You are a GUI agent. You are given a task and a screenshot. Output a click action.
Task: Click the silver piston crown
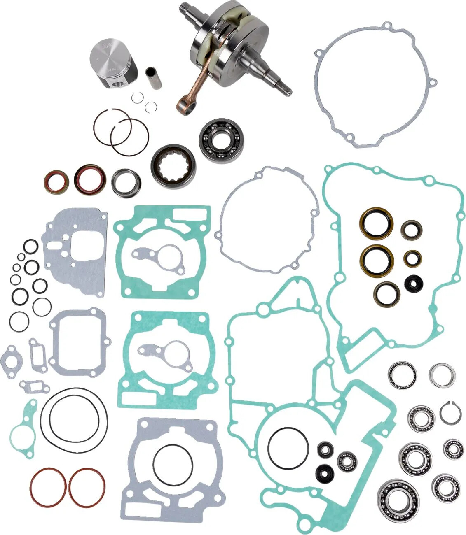(109, 58)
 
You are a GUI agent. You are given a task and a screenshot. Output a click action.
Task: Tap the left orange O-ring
(48, 487)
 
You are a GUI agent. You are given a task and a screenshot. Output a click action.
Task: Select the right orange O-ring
(87, 487)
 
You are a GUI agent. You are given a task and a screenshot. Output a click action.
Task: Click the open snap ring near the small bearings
(450, 413)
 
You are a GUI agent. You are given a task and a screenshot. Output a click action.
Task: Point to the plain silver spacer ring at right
(442, 375)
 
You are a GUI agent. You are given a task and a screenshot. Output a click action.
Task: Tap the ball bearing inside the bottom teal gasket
(347, 461)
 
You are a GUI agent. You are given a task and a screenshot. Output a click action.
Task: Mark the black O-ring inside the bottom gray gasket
(173, 464)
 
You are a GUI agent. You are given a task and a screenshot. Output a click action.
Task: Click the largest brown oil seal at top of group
(376, 223)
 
